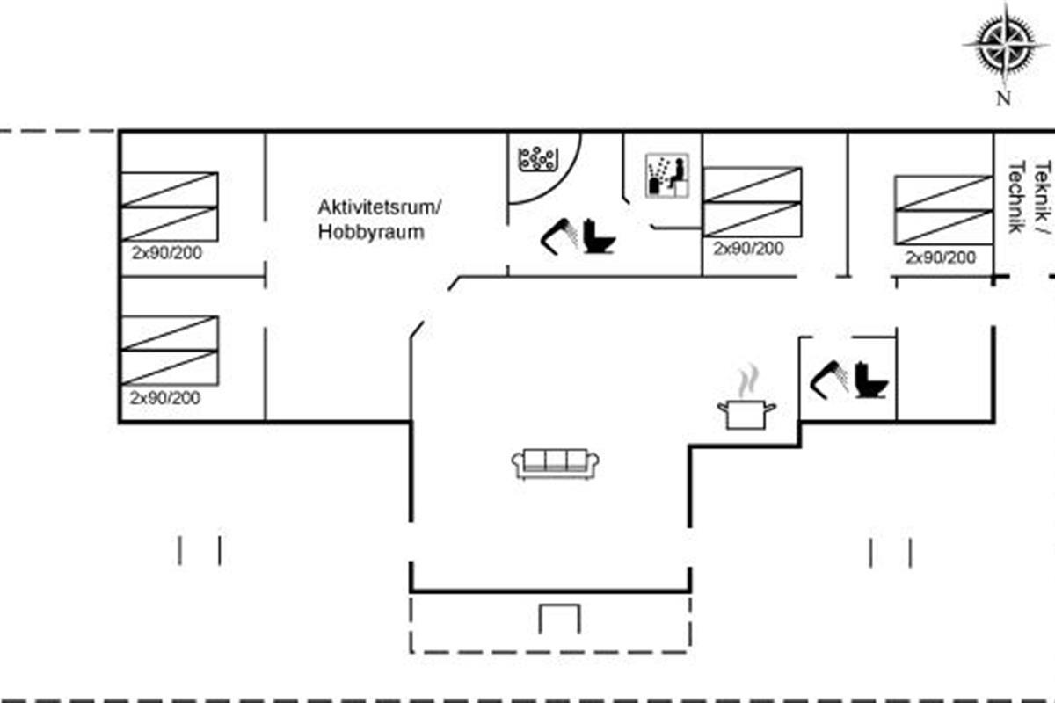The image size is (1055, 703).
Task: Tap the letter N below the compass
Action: coord(1002,98)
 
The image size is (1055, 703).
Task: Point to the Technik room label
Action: coord(1015,197)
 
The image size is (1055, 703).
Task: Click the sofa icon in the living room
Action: coord(556,463)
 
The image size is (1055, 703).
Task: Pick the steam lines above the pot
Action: coord(747,381)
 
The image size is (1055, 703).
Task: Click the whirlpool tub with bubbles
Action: coord(538,159)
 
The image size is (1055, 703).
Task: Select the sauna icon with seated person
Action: coord(667,176)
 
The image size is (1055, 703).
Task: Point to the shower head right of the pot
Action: coord(830,380)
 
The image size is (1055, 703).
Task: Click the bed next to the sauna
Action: coord(753,201)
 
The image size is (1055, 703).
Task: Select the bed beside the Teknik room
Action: coord(943,210)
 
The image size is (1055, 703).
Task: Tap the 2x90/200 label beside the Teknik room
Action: coord(941,257)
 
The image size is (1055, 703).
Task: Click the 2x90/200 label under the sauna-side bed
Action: coord(748,249)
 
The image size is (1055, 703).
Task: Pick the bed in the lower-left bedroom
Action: coord(169,350)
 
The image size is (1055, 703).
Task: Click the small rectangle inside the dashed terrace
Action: coord(558,618)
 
